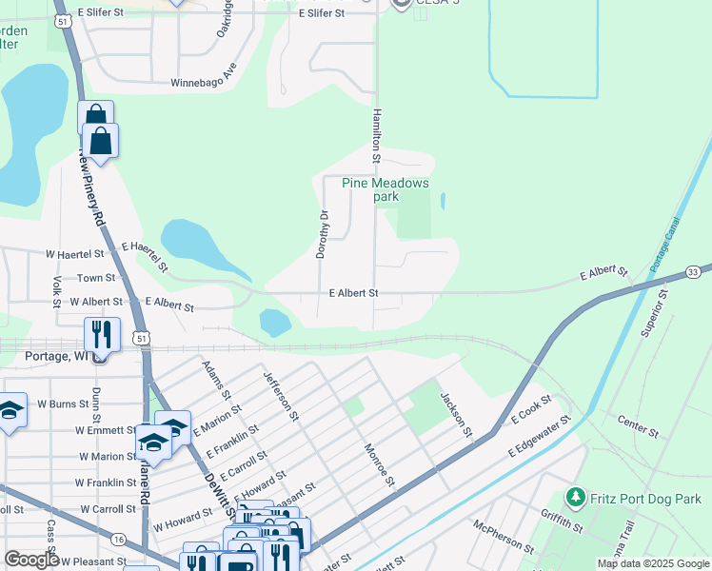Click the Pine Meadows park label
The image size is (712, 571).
click(386, 189)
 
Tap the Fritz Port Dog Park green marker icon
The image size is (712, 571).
click(574, 497)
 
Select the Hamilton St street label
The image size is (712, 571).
click(377, 128)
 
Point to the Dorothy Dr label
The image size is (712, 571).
click(322, 235)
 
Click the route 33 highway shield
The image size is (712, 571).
click(693, 272)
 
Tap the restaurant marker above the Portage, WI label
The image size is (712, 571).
click(101, 334)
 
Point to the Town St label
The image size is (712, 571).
click(96, 278)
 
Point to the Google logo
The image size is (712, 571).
click(31, 560)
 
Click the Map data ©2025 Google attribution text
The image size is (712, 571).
click(652, 563)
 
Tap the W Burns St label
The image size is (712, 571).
click(63, 404)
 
